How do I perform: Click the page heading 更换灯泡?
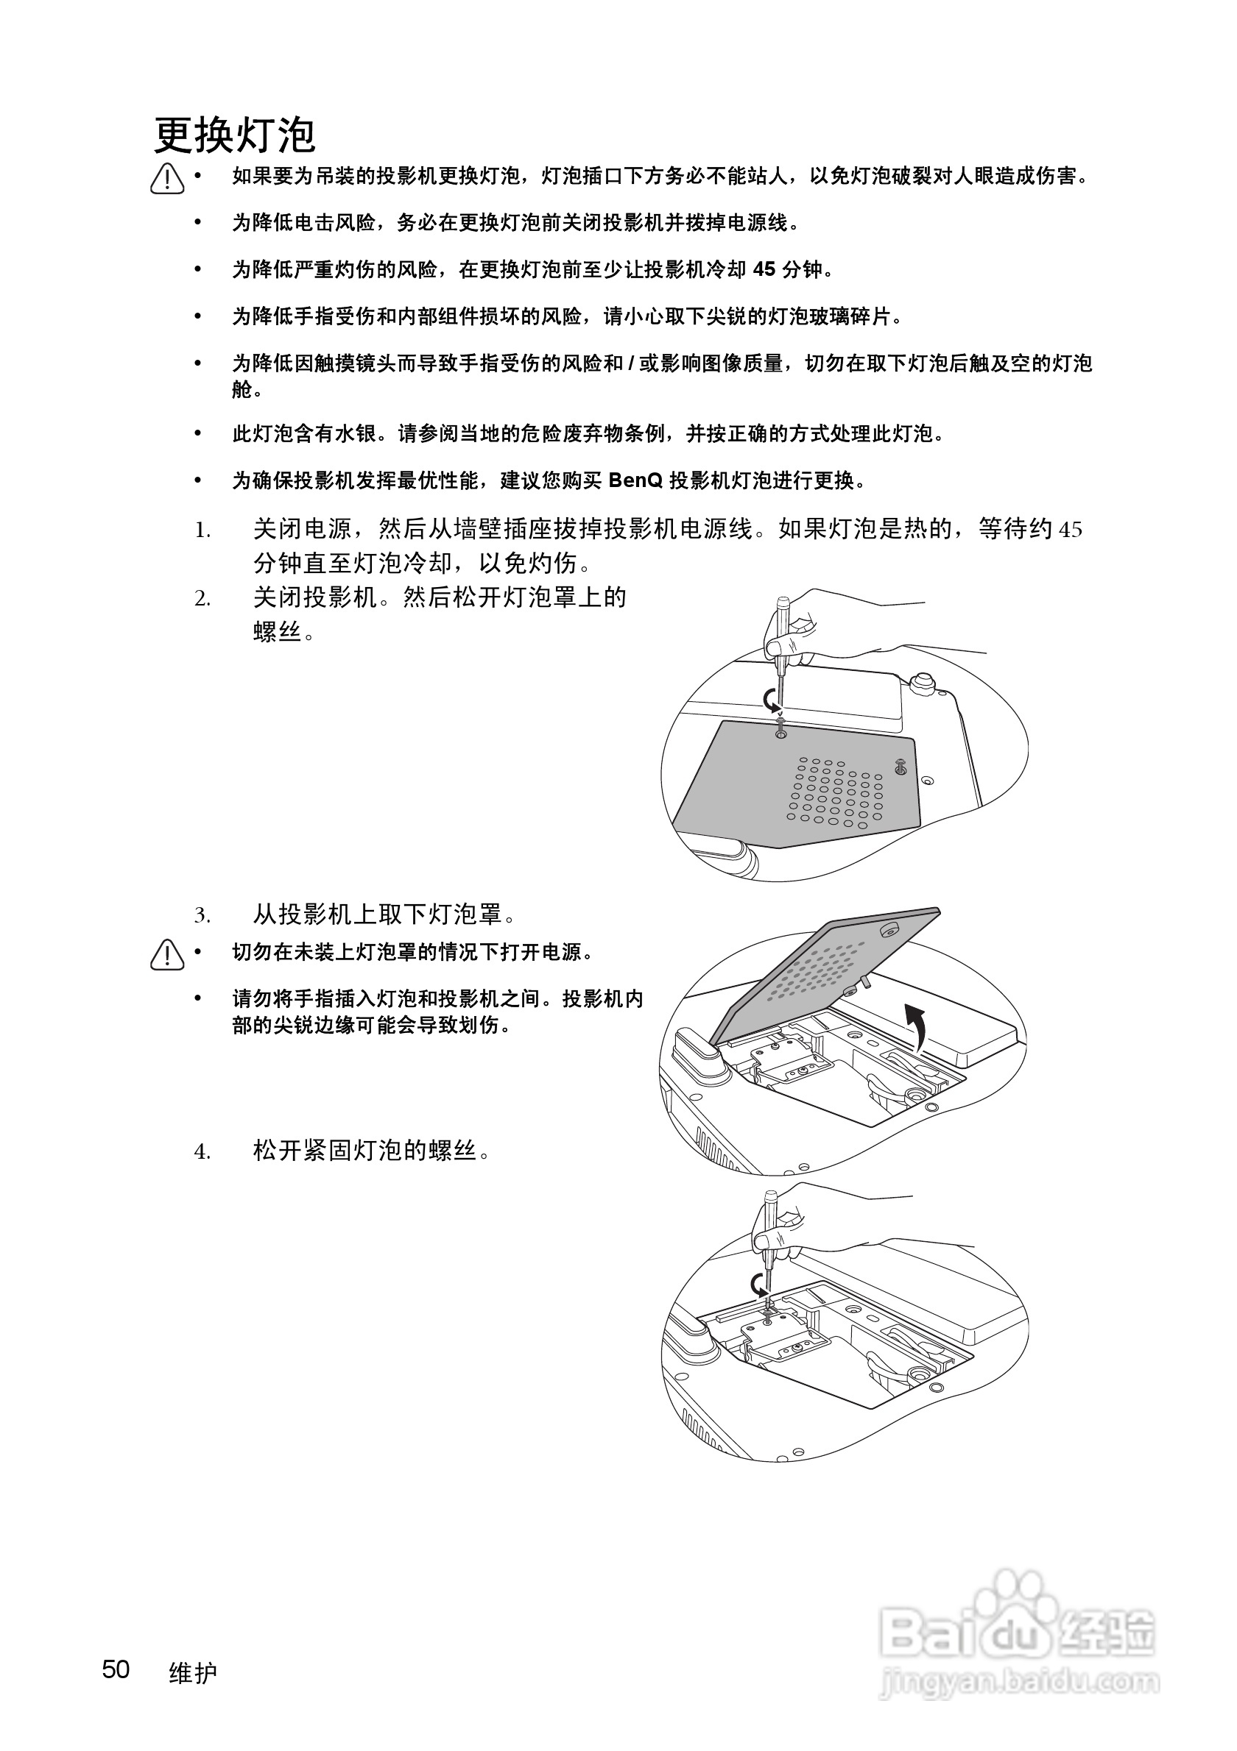click(x=235, y=137)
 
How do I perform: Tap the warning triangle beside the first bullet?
click(x=167, y=180)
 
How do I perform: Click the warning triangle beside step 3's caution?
click(x=167, y=956)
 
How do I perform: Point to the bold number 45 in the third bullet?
click(x=764, y=269)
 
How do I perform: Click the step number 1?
click(x=202, y=530)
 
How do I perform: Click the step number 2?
click(x=202, y=600)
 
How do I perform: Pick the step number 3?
click(x=202, y=915)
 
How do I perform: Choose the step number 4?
click(x=202, y=1151)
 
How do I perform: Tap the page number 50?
click(x=116, y=1669)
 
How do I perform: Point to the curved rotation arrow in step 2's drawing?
click(x=772, y=697)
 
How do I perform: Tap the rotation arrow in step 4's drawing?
click(x=759, y=1285)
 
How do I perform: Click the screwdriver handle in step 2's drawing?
click(x=782, y=618)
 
